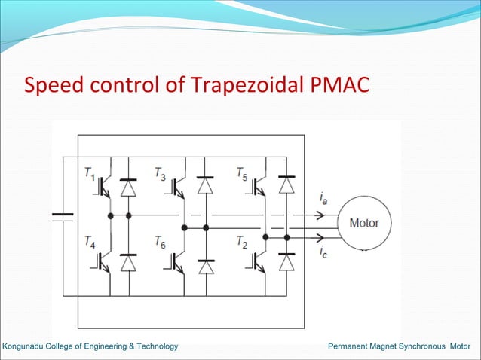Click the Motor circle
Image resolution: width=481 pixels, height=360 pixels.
pyautogui.click(x=363, y=223)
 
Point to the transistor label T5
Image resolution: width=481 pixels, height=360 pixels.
pyautogui.click(x=241, y=175)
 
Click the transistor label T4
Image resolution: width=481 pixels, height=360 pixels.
pyautogui.click(x=90, y=243)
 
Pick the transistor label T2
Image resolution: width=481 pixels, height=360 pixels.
pyautogui.click(x=241, y=243)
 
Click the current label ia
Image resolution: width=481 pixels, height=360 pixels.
pyautogui.click(x=323, y=199)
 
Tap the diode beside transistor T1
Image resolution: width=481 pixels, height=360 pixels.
pyautogui.click(x=129, y=188)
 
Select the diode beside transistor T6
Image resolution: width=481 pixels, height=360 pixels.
pyautogui.click(x=205, y=265)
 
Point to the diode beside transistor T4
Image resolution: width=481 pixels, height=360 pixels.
pyautogui.click(x=129, y=261)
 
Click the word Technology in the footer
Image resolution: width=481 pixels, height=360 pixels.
pyautogui.click(x=155, y=346)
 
